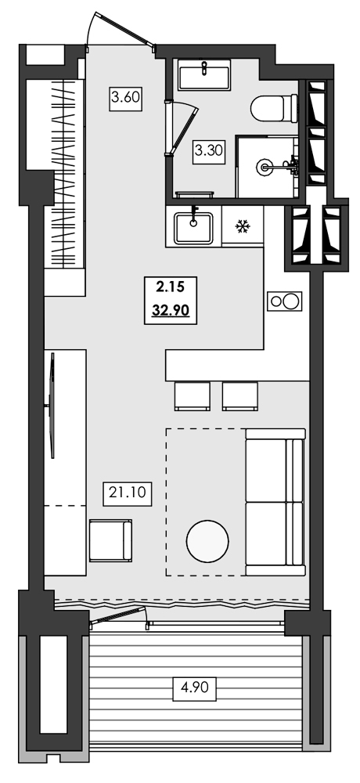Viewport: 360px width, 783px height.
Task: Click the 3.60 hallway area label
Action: click(125, 99)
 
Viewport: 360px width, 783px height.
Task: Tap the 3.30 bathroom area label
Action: click(209, 150)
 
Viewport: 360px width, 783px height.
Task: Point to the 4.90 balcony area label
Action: click(195, 691)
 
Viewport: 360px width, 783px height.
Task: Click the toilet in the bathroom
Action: click(275, 107)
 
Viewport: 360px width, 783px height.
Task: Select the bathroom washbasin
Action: click(203, 77)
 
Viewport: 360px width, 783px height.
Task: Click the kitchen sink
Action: click(193, 226)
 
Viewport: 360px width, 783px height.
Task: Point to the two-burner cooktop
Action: click(283, 301)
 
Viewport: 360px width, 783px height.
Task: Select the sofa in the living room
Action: click(274, 502)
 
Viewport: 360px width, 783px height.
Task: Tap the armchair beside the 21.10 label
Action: click(111, 540)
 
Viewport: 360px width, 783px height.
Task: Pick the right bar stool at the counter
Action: click(240, 395)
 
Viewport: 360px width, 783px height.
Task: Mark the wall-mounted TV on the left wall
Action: click(52, 405)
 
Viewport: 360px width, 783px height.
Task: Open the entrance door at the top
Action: click(119, 31)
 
